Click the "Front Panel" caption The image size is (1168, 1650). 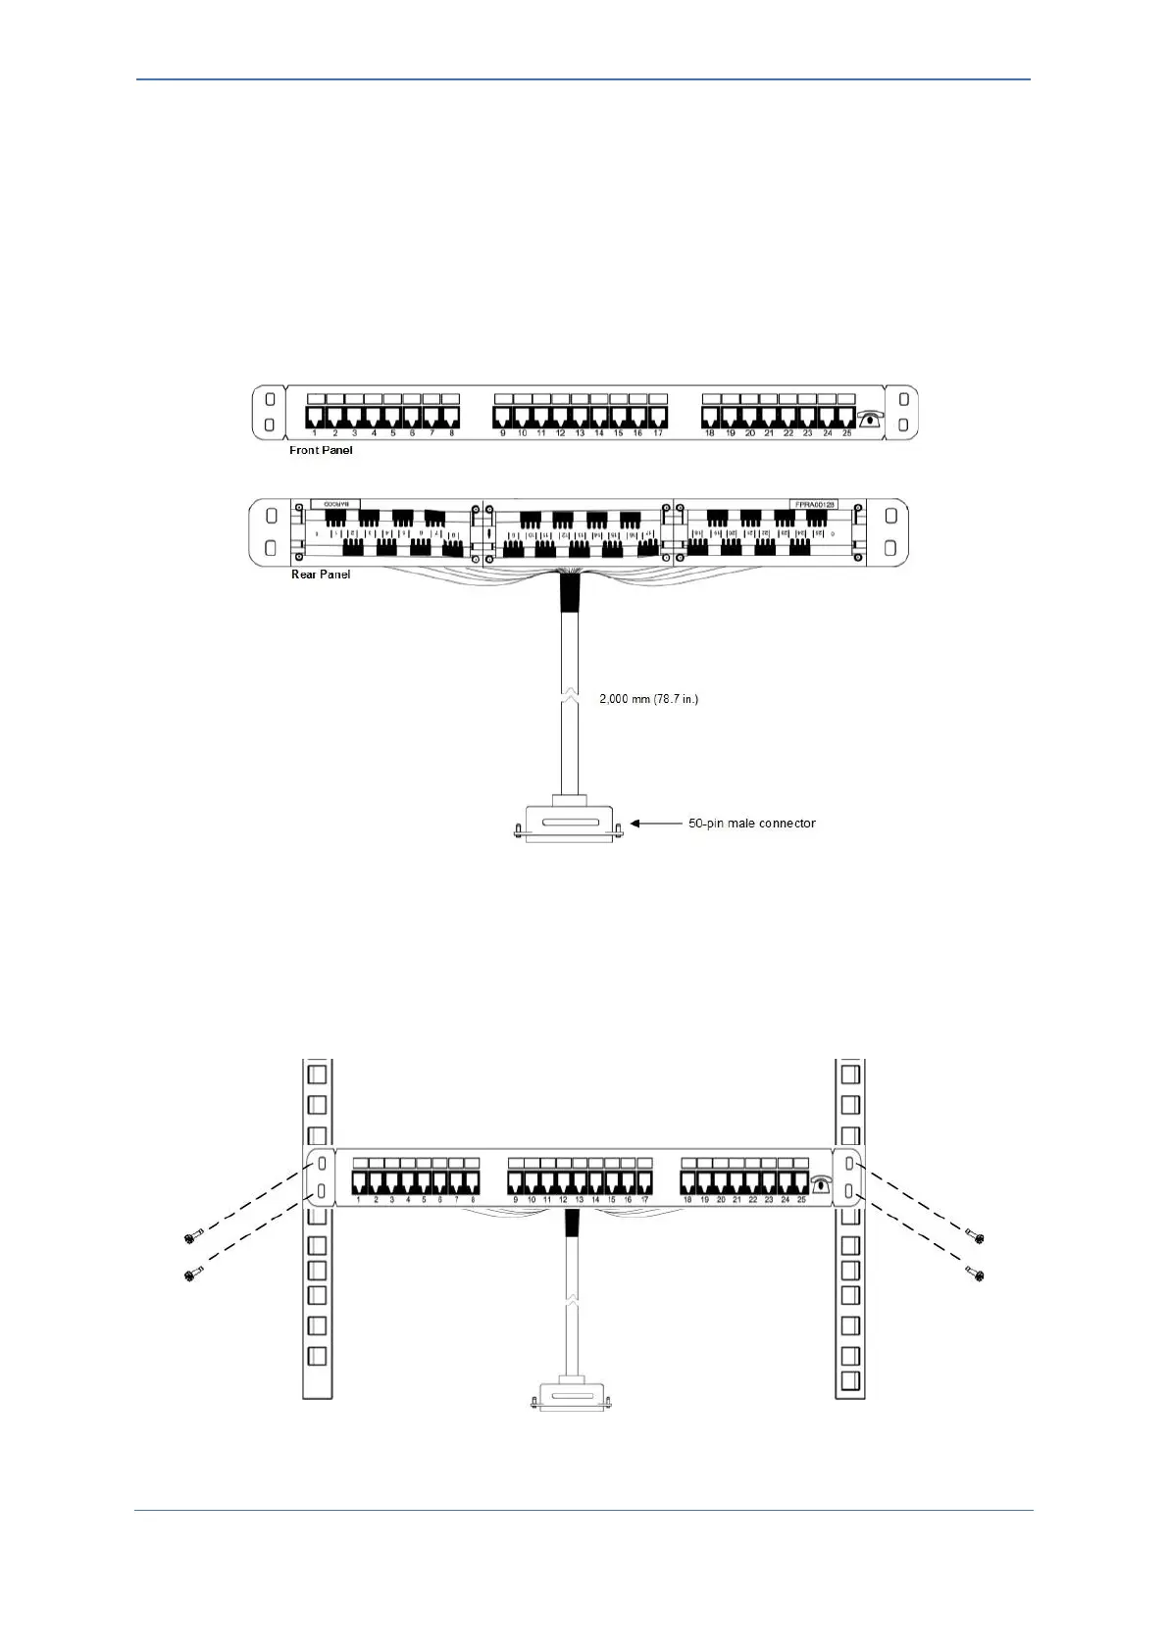pyautogui.click(x=321, y=450)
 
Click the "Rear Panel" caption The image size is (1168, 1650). pyautogui.click(x=321, y=575)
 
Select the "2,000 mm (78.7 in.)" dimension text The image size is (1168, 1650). pyautogui.click(x=649, y=699)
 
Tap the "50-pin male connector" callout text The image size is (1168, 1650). pyautogui.click(x=751, y=824)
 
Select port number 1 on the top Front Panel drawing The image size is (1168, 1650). pyautogui.click(x=315, y=417)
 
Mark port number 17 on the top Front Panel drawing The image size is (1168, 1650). pyautogui.click(x=657, y=417)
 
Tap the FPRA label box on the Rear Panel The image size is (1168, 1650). pyautogui.click(x=813, y=504)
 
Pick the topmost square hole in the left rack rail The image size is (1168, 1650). pyautogui.click(x=317, y=1074)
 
